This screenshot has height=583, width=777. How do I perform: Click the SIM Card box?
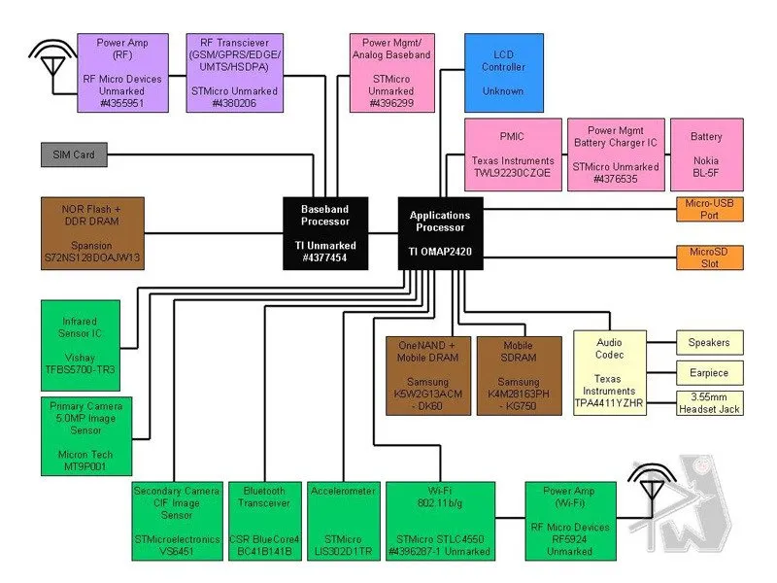point(74,154)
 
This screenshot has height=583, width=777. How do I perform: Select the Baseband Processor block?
point(325,233)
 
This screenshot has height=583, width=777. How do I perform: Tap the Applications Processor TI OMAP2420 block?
point(440,233)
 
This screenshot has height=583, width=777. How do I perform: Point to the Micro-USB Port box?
point(710,209)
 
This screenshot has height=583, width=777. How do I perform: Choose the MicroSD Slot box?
point(710,257)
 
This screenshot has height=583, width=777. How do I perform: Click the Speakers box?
point(710,342)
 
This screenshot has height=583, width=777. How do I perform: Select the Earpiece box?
point(710,372)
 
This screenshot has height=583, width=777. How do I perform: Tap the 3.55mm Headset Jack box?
point(710,402)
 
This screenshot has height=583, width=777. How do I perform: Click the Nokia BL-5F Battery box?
point(706,154)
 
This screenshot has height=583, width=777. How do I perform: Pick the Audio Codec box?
point(609,373)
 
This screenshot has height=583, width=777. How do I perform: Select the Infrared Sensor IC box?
point(81,344)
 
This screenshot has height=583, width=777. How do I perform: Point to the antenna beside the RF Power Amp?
point(48,58)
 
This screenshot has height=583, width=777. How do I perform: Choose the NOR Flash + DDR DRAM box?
point(92,233)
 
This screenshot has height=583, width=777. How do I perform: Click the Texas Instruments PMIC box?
point(512,154)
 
